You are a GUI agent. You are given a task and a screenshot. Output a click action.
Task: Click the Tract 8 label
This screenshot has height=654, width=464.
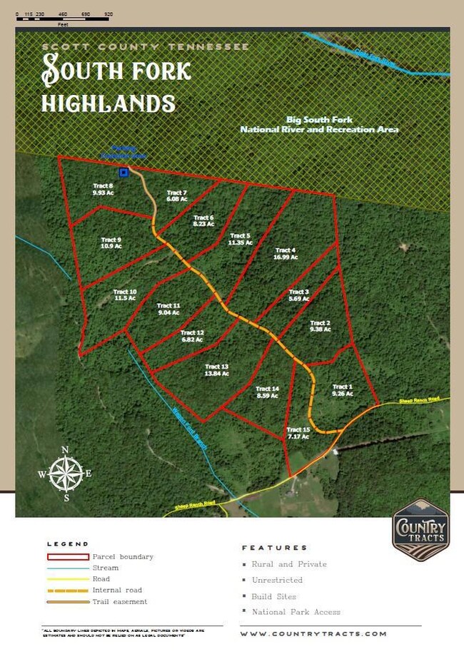pyautogui.click(x=103, y=189)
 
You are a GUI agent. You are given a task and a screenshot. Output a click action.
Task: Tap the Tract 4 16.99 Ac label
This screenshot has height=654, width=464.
pyautogui.click(x=285, y=254)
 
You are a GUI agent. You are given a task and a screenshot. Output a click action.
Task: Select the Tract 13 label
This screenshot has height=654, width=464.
pyautogui.click(x=216, y=369)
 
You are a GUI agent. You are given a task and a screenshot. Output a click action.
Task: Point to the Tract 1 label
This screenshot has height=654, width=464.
pyautogui.click(x=343, y=390)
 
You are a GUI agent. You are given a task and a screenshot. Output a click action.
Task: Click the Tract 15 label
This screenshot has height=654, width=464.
pyautogui.click(x=298, y=433)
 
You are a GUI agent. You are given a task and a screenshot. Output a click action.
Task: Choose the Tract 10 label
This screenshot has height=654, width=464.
pyautogui.click(x=124, y=295)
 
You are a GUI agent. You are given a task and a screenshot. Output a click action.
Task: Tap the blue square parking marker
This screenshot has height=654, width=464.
pyautogui.click(x=123, y=172)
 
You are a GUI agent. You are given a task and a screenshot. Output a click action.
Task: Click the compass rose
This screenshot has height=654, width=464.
pyautogui.click(x=65, y=474)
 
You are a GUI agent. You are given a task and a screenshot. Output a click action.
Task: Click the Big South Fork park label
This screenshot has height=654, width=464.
pyautogui.click(x=319, y=125)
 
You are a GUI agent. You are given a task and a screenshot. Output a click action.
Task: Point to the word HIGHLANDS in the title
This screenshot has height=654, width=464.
pyautogui.click(x=109, y=103)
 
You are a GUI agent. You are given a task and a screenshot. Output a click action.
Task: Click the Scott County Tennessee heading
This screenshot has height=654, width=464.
pyautogui.click(x=146, y=46)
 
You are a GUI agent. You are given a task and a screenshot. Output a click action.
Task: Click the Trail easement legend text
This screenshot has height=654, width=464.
pyautogui.click(x=119, y=602)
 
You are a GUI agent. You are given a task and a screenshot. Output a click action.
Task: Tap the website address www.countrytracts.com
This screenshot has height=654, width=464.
pyautogui.click(x=313, y=633)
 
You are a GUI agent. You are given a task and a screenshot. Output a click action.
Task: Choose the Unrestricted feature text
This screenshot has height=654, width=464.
pyautogui.click(x=277, y=581)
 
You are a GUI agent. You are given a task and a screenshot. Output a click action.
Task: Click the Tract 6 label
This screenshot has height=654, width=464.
pyautogui.click(x=203, y=221)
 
